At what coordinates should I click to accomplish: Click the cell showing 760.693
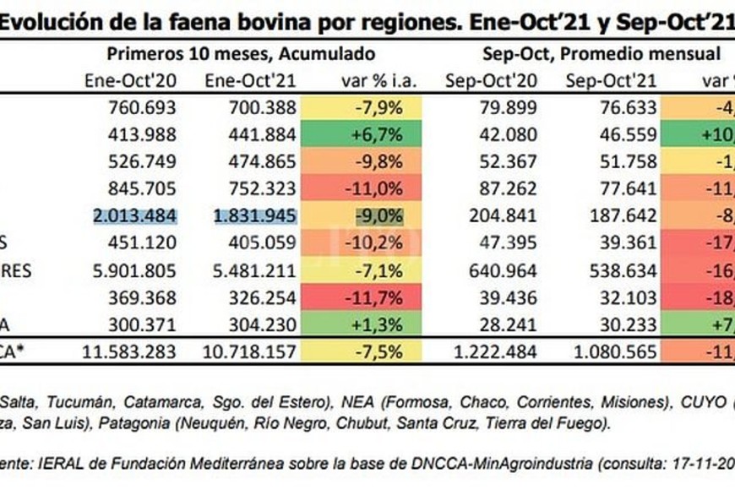(142, 107)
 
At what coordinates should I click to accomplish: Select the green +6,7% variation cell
(368, 134)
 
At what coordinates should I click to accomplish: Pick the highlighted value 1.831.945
(250, 215)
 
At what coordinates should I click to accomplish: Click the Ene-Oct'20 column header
(131, 81)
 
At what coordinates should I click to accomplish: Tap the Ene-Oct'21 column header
(251, 81)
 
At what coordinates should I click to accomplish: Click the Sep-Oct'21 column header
(609, 81)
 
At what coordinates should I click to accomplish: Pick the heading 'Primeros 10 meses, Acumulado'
(241, 54)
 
